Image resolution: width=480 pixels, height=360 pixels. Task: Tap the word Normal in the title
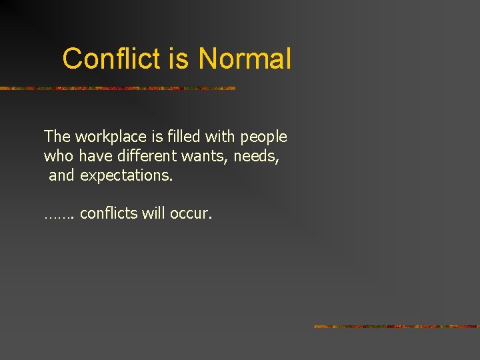(x=245, y=59)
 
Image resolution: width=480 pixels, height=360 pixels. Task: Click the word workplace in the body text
(x=110, y=137)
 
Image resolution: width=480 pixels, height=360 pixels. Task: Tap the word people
(x=263, y=137)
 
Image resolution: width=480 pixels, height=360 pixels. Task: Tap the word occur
(x=191, y=214)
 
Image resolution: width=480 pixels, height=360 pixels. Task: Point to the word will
(x=154, y=213)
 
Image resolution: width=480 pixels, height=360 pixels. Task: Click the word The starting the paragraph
(x=57, y=137)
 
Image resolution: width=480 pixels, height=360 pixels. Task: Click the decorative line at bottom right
(x=397, y=327)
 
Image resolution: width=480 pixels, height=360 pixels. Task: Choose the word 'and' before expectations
(x=61, y=175)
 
